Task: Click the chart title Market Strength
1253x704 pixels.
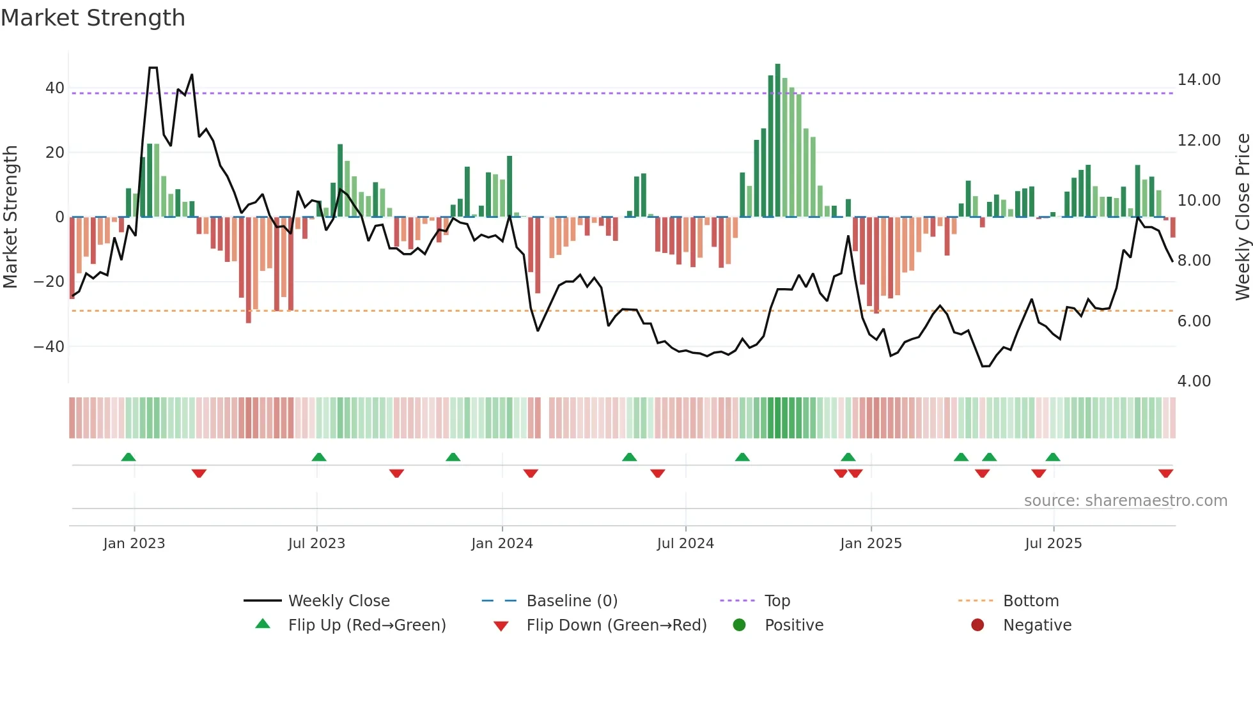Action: (93, 18)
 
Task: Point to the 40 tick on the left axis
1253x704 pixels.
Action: (55, 88)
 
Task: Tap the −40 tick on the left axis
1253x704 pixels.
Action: (49, 346)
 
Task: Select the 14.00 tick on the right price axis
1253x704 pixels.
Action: (1199, 80)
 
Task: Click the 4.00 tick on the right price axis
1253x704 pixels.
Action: (1194, 381)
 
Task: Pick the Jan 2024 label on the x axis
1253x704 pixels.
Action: (502, 544)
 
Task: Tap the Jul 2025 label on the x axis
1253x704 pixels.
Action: (1053, 544)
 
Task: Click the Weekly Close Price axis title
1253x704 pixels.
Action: (1242, 217)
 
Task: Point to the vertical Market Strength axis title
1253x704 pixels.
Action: (11, 217)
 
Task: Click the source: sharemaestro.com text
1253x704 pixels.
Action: (1125, 501)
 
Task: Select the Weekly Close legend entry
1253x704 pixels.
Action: (338, 601)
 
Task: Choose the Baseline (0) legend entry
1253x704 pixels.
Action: (572, 601)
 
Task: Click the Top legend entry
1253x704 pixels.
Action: (777, 601)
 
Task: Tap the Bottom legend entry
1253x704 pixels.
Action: (1031, 601)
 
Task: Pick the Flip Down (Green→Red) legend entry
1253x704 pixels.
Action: (616, 625)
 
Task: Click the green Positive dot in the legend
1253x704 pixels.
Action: (740, 625)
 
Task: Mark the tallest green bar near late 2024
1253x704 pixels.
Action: (777, 141)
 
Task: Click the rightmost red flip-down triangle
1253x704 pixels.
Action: (1165, 473)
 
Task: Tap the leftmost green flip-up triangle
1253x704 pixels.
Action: (128, 457)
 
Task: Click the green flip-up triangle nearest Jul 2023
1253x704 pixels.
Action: (319, 457)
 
